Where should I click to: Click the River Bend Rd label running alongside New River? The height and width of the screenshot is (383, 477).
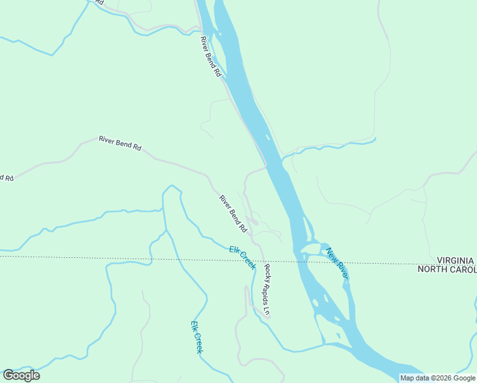pos(210,57)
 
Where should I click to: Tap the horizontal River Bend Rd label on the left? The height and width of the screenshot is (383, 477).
pos(120,142)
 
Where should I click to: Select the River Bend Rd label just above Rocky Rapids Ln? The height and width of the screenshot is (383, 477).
pos(233,214)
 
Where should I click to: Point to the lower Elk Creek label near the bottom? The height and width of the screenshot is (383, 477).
pos(196,337)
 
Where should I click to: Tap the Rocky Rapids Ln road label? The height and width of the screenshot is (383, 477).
pos(268,290)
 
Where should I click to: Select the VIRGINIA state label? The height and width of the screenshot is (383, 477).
pos(455,260)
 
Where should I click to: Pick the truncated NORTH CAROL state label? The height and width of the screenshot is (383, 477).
pos(446,269)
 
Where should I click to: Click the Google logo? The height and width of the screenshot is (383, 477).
pos(21,375)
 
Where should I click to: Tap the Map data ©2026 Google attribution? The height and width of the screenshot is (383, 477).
pos(437,378)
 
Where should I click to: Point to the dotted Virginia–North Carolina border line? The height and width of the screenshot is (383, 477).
pos(128,259)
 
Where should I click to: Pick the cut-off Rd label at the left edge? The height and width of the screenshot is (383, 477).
pos(7,177)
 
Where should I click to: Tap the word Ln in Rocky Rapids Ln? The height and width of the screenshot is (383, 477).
pos(269,312)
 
